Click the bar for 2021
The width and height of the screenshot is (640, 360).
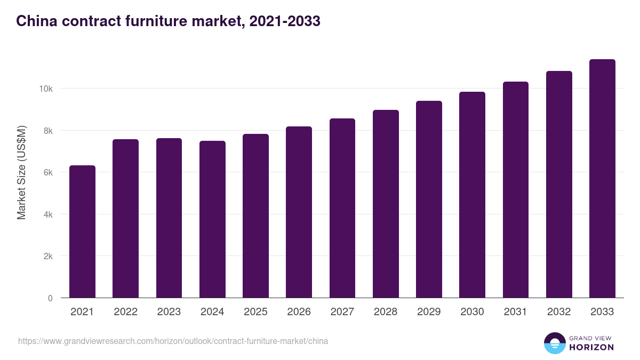82,232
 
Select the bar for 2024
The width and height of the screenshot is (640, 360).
212,220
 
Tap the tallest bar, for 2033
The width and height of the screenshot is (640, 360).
602,179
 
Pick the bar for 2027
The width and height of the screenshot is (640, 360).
342,209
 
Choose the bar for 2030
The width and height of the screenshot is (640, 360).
472,195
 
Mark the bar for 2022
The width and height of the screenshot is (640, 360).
125,219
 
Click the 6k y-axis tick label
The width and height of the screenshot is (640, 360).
48,172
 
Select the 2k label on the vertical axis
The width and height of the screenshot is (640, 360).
48,257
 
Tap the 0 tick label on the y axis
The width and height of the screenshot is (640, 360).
50,298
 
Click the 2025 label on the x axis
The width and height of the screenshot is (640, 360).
255,312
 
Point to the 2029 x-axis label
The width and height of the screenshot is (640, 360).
429,312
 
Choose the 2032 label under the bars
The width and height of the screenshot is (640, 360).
559,312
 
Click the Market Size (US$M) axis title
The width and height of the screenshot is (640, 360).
21,172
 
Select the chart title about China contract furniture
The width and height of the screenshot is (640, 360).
168,21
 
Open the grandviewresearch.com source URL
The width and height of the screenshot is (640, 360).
173,341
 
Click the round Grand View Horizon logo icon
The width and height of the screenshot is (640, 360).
554,343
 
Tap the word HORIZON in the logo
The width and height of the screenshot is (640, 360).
591,348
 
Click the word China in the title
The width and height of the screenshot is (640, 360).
34,21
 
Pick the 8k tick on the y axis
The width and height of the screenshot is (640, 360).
48,131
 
